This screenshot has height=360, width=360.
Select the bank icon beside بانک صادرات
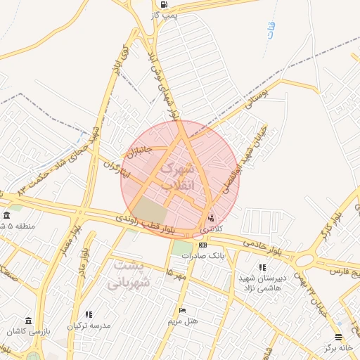[203, 245]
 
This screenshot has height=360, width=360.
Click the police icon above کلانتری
[212, 217]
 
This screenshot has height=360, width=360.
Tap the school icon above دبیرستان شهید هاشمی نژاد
[262, 267]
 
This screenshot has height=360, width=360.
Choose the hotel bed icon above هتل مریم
[183, 310]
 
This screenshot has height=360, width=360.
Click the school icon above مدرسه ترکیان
[89, 314]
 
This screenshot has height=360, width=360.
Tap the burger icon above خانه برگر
[338, 337]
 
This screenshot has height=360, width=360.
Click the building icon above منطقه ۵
[6, 215]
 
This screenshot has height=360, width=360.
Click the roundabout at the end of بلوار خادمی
[304, 261]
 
